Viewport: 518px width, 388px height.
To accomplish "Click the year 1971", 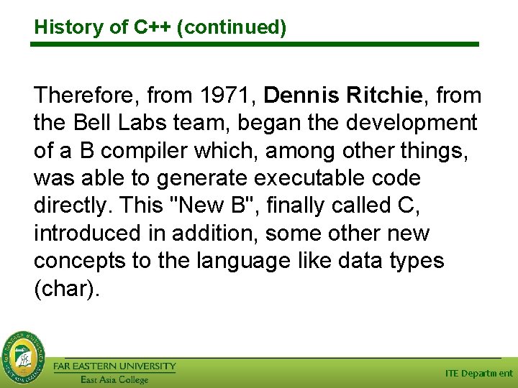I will [x=228, y=95].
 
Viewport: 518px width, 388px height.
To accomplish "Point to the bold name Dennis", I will [x=301, y=95].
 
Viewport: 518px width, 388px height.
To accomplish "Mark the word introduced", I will [x=88, y=234].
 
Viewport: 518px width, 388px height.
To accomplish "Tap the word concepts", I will [x=80, y=261].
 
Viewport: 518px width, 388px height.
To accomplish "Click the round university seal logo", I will [x=22, y=356].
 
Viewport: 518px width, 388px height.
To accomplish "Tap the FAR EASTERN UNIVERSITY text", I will [x=114, y=366].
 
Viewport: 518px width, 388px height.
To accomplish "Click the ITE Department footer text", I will [x=478, y=374].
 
